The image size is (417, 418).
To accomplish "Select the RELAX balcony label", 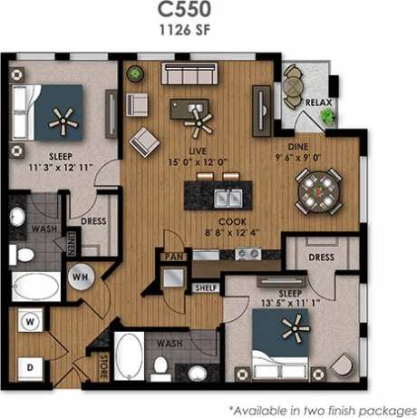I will (x=317, y=102).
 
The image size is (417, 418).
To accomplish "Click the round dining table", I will (x=318, y=190).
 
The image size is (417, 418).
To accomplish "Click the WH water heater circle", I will (x=79, y=275).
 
